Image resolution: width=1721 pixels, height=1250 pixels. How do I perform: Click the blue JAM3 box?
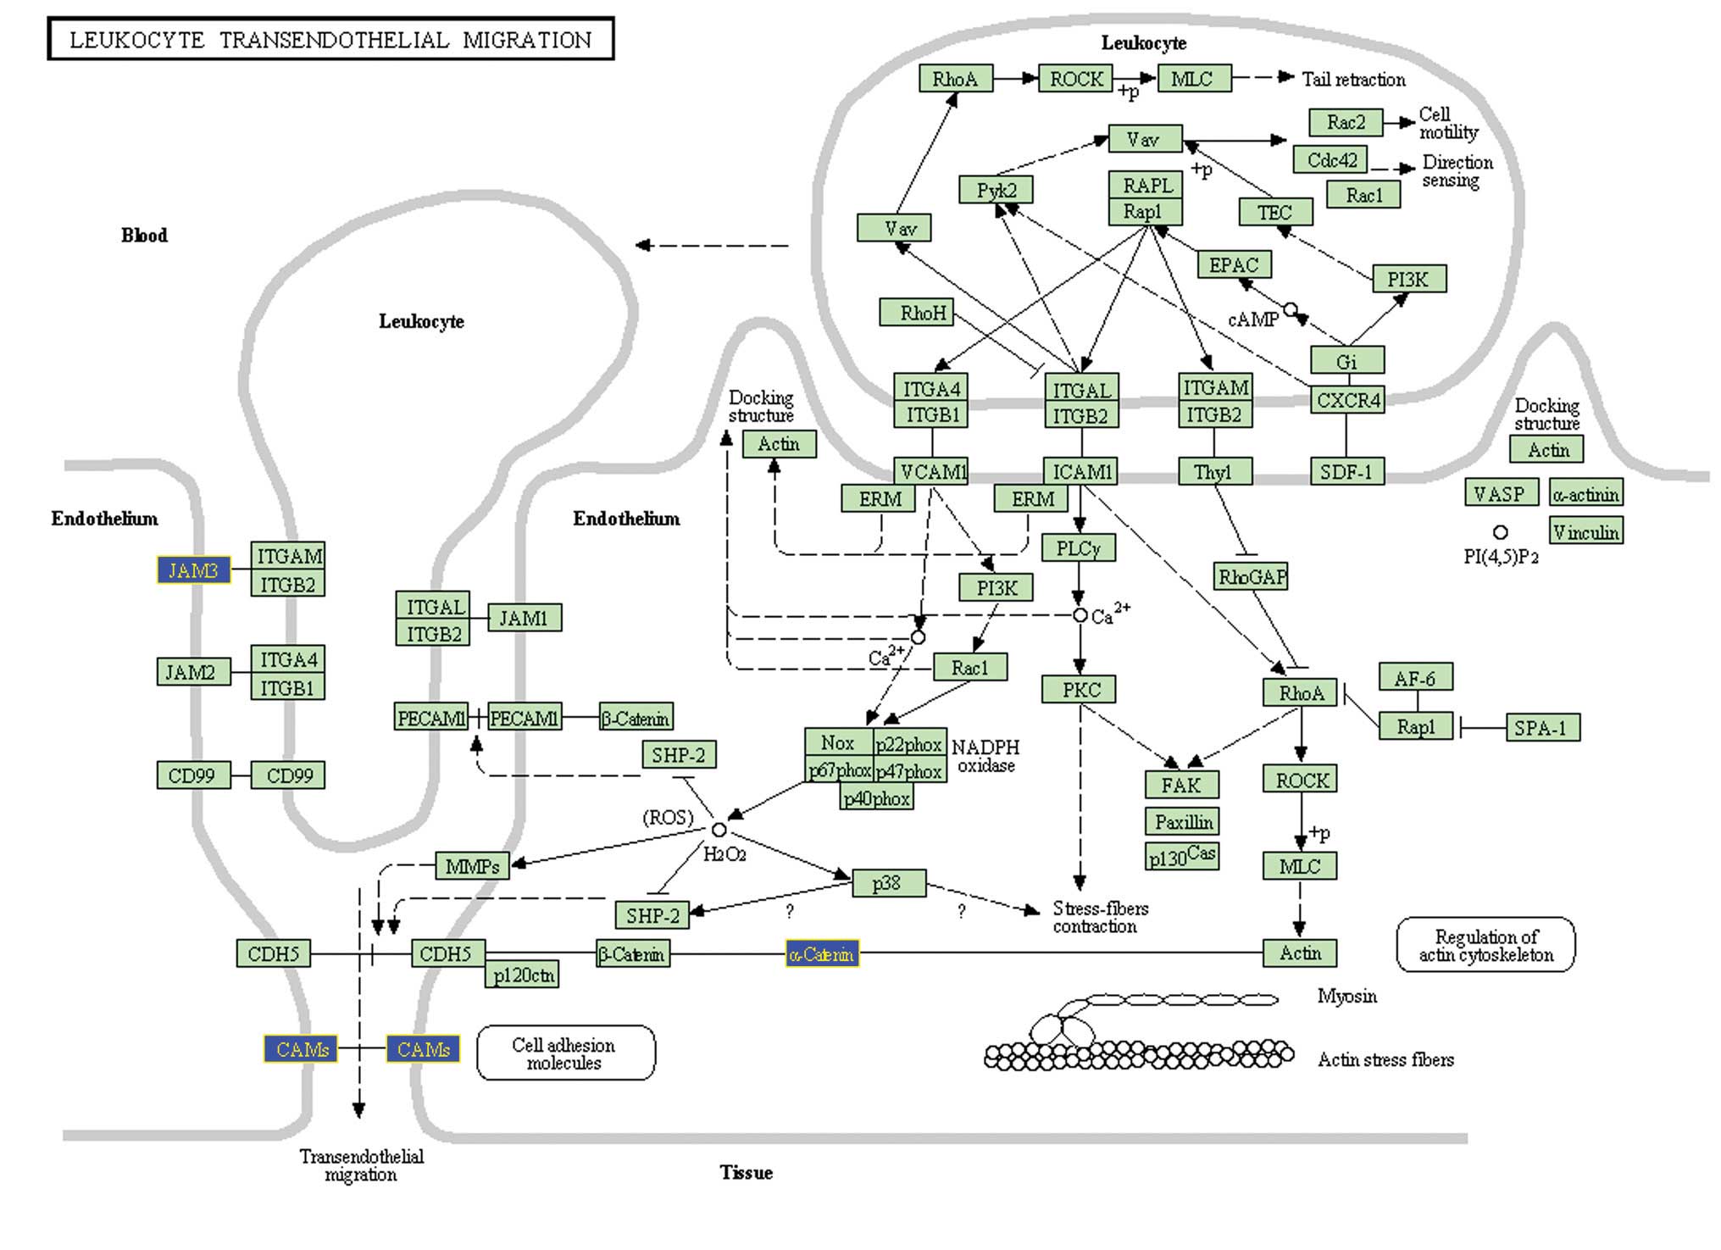[193, 570]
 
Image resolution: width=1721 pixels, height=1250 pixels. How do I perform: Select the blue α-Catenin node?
[822, 954]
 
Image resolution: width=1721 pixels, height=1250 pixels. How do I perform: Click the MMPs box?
[472, 866]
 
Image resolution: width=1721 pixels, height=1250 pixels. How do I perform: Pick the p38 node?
[888, 883]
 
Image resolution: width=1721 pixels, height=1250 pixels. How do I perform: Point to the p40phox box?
[877, 797]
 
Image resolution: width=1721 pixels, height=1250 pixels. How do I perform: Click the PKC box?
[1079, 689]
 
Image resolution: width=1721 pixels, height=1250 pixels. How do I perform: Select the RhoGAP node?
[1251, 576]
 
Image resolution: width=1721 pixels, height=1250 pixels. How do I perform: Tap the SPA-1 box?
[1542, 727]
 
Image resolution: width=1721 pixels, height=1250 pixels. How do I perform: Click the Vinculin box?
[1586, 531]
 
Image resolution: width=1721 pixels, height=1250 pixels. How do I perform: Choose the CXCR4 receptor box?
[1347, 399]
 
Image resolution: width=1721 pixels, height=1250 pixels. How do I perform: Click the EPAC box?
[1234, 264]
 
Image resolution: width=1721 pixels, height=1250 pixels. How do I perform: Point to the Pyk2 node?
[996, 190]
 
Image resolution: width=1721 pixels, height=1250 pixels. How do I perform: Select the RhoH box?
[916, 313]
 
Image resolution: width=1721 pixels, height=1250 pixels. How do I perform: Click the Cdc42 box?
[1331, 159]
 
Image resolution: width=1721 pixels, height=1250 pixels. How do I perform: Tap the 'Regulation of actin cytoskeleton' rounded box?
[1485, 945]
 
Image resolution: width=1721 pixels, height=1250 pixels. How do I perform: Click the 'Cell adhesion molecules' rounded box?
[565, 1053]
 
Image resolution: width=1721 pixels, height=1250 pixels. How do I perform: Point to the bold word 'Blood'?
[144, 235]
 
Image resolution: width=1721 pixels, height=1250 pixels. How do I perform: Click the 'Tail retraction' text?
[1353, 79]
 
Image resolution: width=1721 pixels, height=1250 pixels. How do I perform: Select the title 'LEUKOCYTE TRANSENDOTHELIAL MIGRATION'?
[330, 40]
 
